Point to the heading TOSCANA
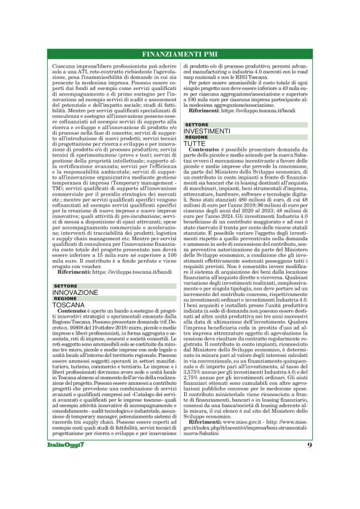click(68, 305)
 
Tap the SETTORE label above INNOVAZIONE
click(65, 286)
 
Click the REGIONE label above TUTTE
click(197, 138)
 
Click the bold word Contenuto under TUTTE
click(203, 150)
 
